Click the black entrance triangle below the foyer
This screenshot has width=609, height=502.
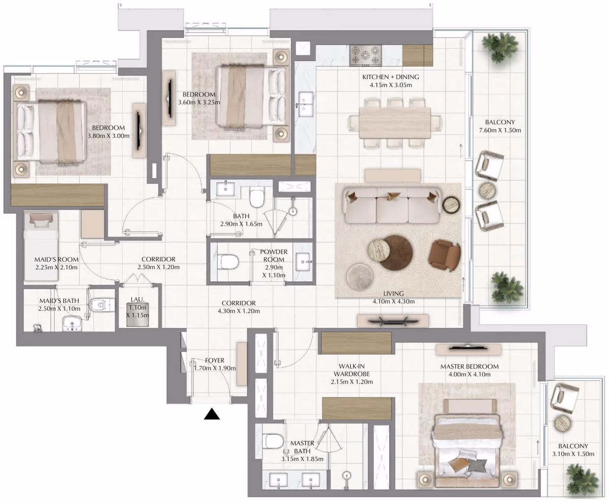pos(212,414)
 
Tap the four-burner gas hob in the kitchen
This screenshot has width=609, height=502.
pos(366,55)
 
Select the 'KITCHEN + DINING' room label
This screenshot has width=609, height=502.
pos(391,77)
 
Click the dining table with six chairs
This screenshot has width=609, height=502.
pos(395,122)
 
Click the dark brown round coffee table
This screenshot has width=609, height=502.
pos(396,253)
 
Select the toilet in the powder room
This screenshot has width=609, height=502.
pos(228,261)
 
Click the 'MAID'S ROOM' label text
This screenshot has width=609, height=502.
pos(56,259)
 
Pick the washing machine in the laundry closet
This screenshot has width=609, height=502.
pos(138,314)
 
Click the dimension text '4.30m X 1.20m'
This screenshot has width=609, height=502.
pos(239,311)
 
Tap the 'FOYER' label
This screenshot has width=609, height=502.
pos(215,360)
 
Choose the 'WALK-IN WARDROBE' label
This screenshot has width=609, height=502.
pos(352,370)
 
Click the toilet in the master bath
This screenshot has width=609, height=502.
pos(273,441)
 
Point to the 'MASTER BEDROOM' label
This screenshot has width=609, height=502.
pos(469,366)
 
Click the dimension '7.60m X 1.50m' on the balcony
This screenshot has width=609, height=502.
pos(500,130)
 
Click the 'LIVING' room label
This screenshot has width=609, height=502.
pos(393,293)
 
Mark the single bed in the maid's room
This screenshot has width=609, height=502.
pos(41,247)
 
